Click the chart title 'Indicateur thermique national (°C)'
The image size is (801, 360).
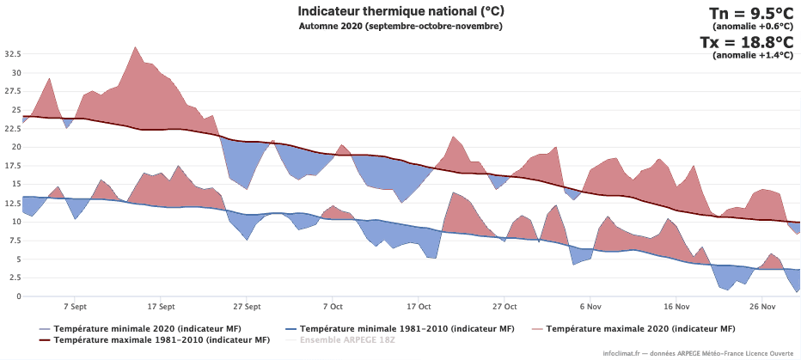click(400, 11)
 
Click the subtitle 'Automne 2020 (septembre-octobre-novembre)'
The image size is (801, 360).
click(400, 26)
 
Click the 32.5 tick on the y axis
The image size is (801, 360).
click(13, 53)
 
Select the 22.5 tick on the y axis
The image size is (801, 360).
click(13, 128)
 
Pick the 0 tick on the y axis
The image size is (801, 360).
click(18, 296)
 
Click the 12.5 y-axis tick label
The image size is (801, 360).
click(13, 203)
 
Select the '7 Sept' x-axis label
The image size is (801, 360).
click(74, 306)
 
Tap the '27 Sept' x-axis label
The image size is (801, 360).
click(246, 306)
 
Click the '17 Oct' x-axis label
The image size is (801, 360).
click(419, 306)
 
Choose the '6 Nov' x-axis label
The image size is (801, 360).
click(590, 306)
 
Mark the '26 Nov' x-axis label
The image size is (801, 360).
click(762, 306)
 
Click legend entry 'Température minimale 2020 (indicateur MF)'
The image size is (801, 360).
click(147, 328)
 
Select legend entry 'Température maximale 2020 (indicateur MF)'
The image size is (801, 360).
click(640, 328)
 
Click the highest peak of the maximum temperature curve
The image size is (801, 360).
click(136, 47)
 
